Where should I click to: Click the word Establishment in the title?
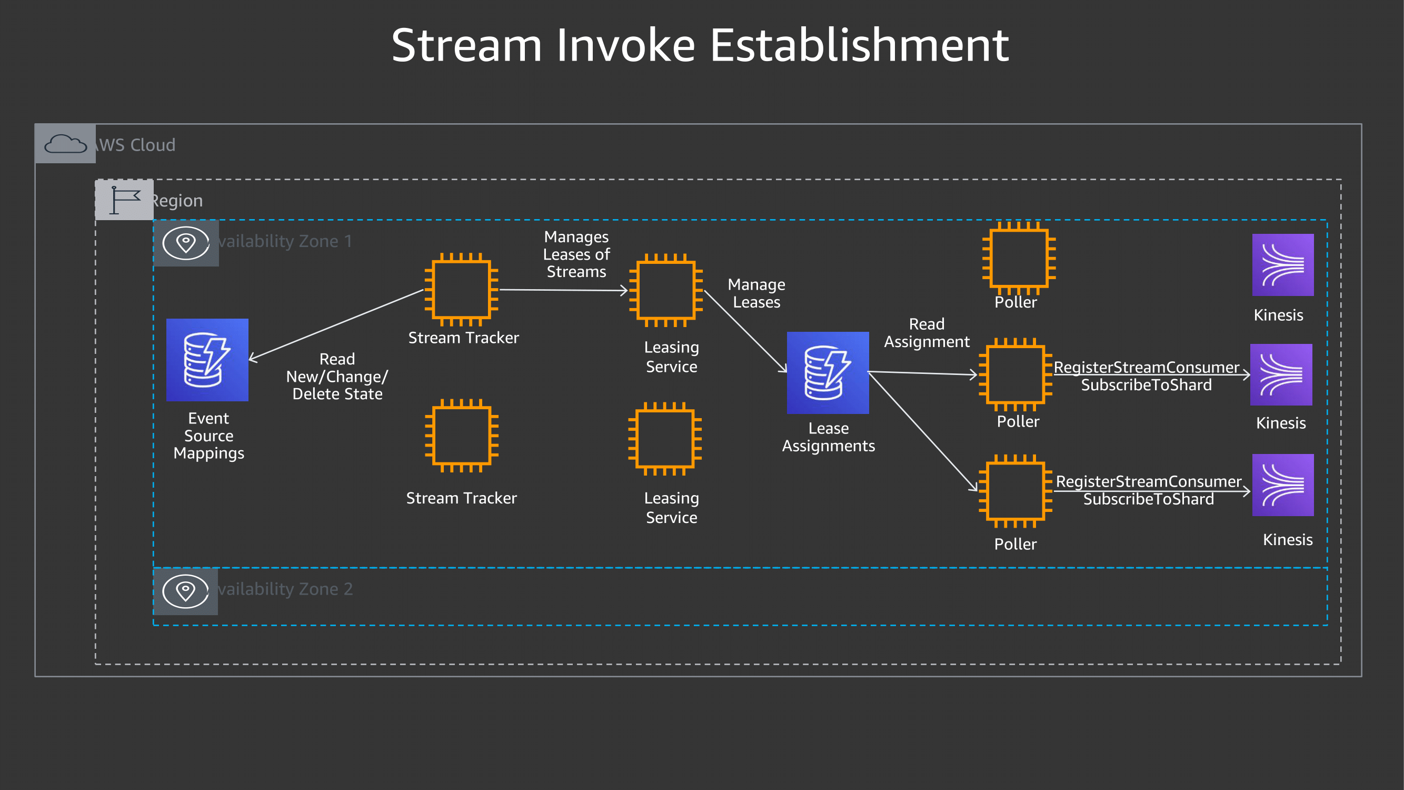(x=859, y=46)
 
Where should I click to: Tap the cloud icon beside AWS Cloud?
(x=65, y=144)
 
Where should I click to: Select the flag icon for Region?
(x=124, y=200)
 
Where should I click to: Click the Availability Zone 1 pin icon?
(x=186, y=243)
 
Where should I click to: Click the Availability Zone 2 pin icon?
(x=186, y=591)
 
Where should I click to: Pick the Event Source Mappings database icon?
(x=207, y=360)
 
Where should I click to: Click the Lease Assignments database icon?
(x=828, y=373)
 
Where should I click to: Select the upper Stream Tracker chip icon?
(x=461, y=290)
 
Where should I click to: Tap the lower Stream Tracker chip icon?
(x=461, y=436)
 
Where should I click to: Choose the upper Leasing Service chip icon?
(x=665, y=290)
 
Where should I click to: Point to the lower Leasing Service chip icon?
(x=664, y=439)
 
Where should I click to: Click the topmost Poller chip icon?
(x=1018, y=258)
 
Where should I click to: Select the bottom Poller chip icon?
(x=1015, y=491)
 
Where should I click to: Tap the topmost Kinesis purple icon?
(x=1282, y=265)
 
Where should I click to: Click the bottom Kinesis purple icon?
(x=1282, y=485)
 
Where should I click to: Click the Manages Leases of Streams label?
(x=576, y=254)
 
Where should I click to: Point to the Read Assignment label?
(x=926, y=332)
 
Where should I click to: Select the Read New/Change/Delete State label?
(x=337, y=376)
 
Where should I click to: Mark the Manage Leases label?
(x=756, y=293)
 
